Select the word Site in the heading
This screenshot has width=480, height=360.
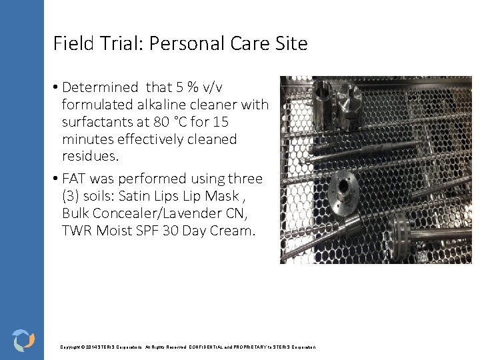point(290,44)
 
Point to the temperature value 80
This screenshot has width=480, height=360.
point(179,122)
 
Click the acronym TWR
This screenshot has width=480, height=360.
point(77,231)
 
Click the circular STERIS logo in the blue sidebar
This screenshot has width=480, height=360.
point(23,340)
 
